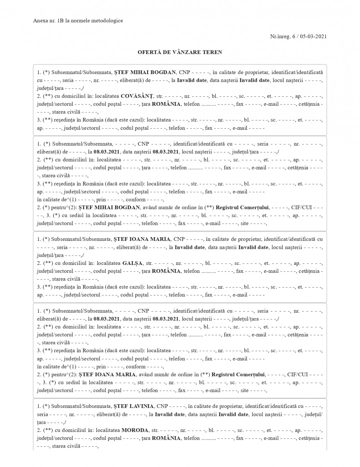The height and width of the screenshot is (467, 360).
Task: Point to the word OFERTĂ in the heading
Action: [149, 52]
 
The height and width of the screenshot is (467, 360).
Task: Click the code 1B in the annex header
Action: [61, 21]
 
